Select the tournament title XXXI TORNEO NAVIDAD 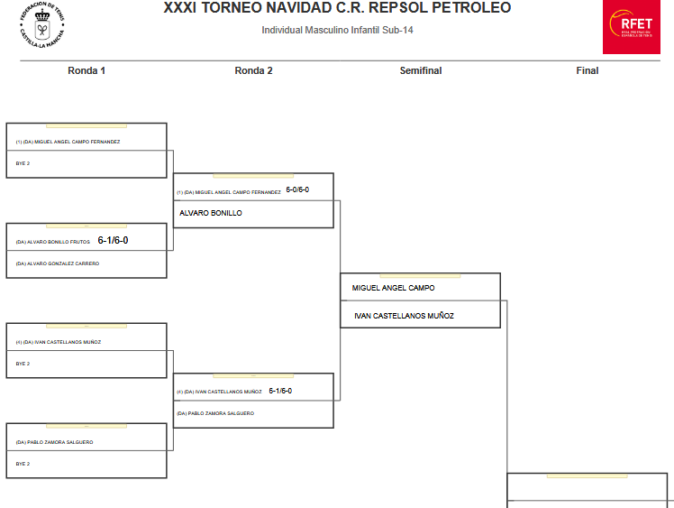click(x=337, y=8)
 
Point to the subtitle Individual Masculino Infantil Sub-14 click(x=337, y=31)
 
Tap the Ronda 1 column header click(x=87, y=70)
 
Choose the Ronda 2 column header click(x=253, y=70)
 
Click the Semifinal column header click(x=420, y=70)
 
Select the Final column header click(x=587, y=70)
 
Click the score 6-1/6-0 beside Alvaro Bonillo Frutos click(x=114, y=240)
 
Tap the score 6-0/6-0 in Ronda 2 click(x=297, y=190)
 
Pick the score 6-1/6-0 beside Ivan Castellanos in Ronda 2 click(x=280, y=391)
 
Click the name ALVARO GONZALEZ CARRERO click(x=58, y=263)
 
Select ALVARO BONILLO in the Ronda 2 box click(x=211, y=213)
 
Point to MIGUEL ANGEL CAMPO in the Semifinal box click(x=394, y=288)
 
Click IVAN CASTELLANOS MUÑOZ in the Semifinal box click(x=403, y=316)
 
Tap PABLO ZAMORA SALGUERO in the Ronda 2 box click(x=215, y=413)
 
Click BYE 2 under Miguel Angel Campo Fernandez click(x=23, y=163)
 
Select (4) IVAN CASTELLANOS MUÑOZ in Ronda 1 click(x=59, y=342)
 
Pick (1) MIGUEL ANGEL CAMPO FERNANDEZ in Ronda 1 click(x=68, y=142)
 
